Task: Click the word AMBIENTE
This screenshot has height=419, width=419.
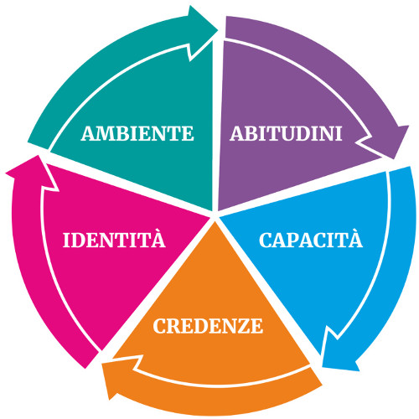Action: (137, 133)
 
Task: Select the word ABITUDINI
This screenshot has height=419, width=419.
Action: (286, 133)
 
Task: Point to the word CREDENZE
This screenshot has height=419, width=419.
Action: (208, 326)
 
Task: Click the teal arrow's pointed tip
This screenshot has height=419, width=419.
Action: (218, 28)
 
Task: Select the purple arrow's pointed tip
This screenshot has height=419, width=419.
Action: (394, 158)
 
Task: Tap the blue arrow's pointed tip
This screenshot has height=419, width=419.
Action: (323, 366)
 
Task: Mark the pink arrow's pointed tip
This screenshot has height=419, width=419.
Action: (38, 156)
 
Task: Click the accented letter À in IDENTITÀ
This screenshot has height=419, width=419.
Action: (158, 237)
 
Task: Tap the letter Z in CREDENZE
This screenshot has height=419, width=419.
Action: (243, 326)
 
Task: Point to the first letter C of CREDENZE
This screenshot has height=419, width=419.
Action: (159, 326)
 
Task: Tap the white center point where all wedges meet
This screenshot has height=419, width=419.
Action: (215, 216)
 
